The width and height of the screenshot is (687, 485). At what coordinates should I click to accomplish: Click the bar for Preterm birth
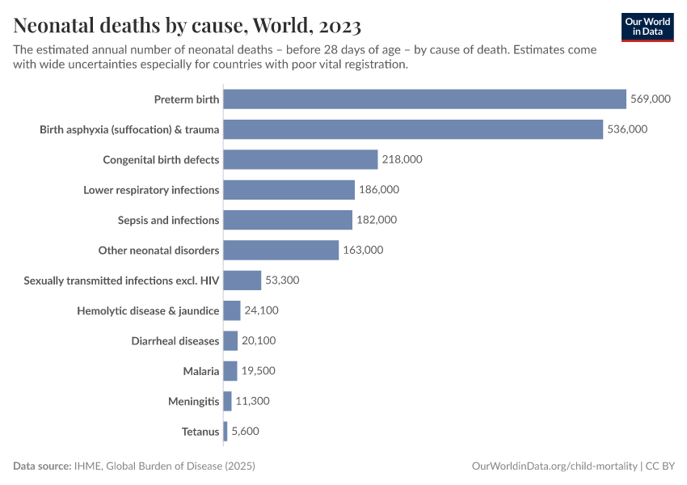click(424, 99)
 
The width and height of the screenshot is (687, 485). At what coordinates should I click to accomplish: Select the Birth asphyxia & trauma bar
click(413, 129)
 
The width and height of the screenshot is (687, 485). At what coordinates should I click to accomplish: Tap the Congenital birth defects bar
click(301, 159)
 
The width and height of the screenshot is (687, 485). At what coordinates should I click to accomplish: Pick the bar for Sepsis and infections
click(288, 220)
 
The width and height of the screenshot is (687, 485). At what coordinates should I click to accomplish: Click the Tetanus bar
click(225, 432)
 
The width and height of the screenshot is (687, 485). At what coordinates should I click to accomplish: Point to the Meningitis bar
click(228, 402)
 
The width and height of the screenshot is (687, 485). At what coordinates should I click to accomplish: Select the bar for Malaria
click(230, 371)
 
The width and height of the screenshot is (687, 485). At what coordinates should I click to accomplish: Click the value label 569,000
click(651, 99)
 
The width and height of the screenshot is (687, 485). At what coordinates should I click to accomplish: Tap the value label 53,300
click(282, 280)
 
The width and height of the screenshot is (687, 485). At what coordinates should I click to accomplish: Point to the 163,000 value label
click(363, 251)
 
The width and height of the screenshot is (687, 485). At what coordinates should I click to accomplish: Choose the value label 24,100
click(261, 310)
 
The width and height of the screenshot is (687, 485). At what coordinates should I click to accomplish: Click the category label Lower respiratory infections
click(151, 190)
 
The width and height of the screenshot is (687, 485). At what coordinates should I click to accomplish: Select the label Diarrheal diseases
click(175, 341)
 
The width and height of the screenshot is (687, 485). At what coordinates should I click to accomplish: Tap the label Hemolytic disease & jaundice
click(148, 310)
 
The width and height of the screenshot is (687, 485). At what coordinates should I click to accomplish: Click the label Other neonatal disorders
click(158, 251)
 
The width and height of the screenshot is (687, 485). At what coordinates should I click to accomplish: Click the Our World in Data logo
click(647, 27)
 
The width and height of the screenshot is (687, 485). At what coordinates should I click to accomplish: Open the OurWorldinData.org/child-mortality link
click(554, 466)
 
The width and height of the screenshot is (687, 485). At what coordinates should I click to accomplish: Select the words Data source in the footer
click(41, 466)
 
